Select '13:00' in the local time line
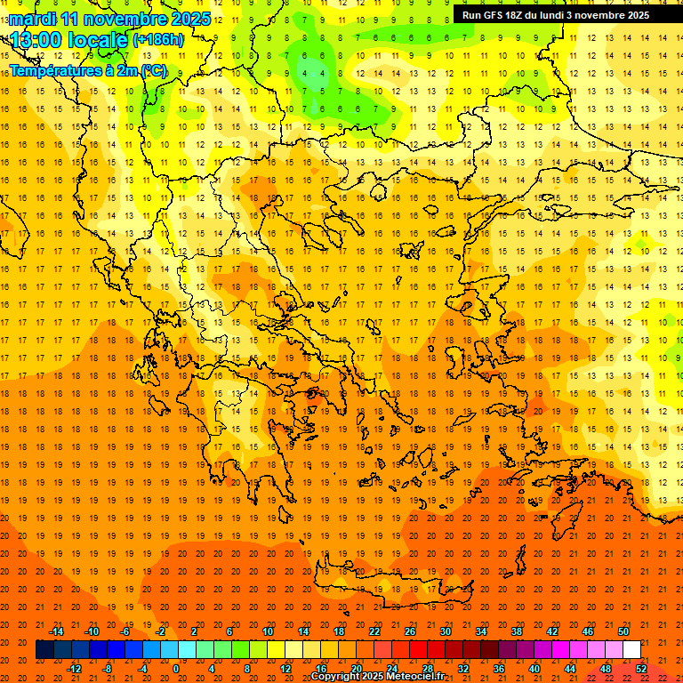click(35, 39)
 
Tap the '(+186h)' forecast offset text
click(158, 39)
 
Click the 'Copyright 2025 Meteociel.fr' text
click(377, 677)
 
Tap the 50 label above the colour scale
click(623, 631)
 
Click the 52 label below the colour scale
click(641, 669)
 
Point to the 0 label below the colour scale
click(175, 669)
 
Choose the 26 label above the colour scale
click(410, 631)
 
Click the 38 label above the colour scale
click(517, 631)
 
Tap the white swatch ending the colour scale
click(631, 650)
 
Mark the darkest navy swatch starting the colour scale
click(44, 650)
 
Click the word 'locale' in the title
click(99, 39)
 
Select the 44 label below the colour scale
click(570, 669)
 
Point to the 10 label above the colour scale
click(268, 631)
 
